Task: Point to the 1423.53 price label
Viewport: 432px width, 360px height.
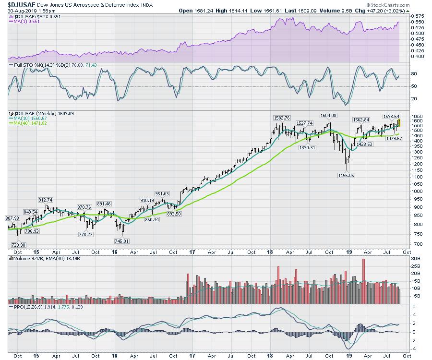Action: click(365, 144)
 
